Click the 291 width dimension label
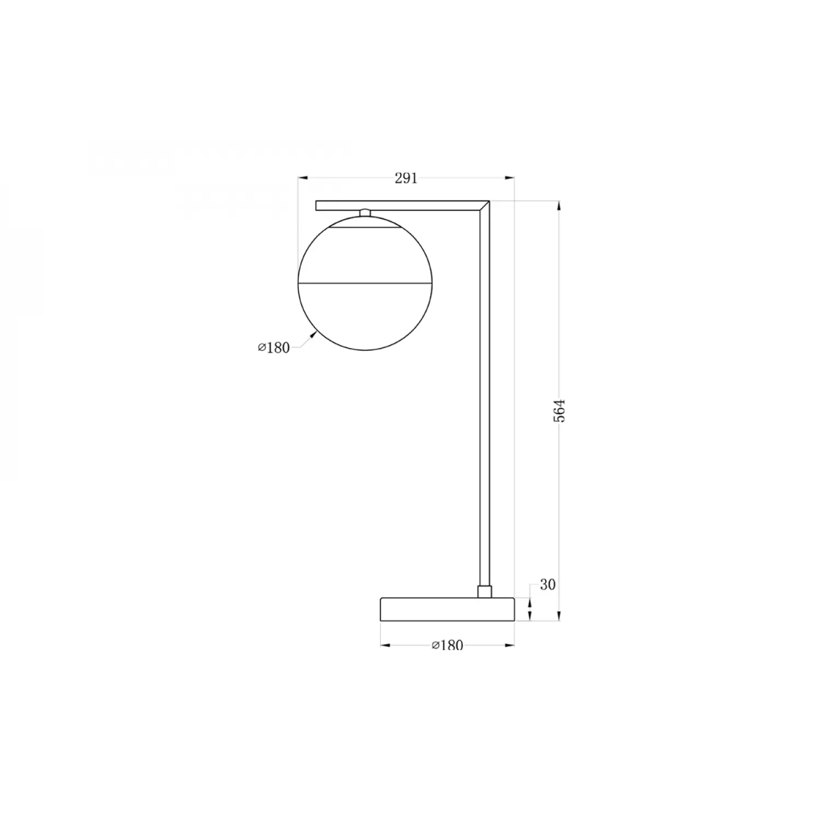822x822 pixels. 406,178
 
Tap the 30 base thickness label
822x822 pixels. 547,585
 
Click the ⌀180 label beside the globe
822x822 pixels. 273,347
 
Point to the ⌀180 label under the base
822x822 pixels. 447,645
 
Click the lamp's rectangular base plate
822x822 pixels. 447,609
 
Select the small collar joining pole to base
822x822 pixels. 484,592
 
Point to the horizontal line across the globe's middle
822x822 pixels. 364,283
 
